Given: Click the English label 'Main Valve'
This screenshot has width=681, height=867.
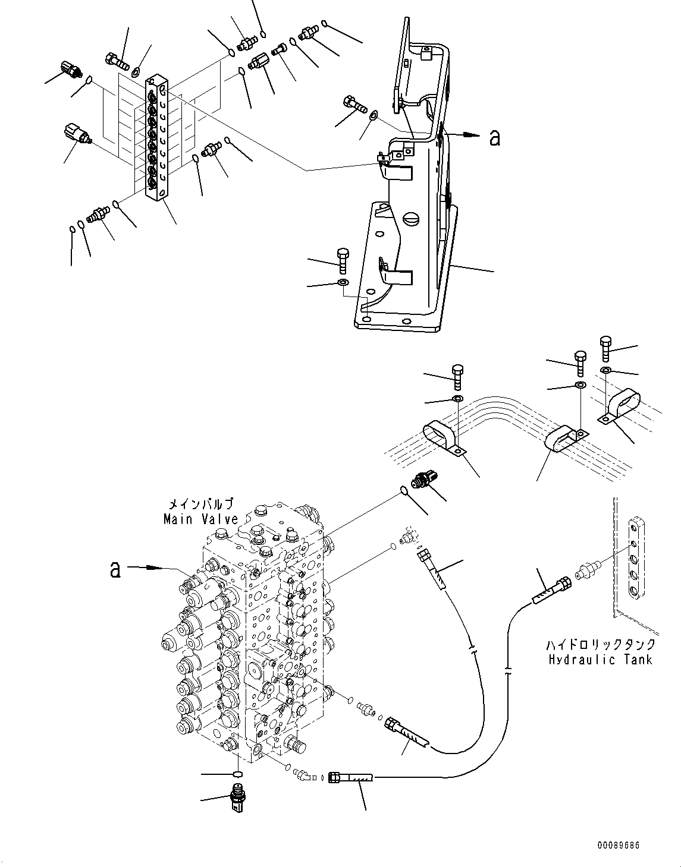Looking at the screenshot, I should click(x=200, y=519).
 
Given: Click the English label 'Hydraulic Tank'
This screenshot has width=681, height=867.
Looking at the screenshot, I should click(x=600, y=659).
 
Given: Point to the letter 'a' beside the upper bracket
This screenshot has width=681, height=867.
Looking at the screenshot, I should click(x=494, y=138).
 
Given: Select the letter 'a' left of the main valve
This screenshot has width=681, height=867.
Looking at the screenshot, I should click(x=116, y=569).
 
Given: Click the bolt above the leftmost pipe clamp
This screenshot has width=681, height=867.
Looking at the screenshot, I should click(x=457, y=376).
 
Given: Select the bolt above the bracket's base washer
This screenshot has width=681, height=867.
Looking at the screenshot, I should click(x=343, y=260).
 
